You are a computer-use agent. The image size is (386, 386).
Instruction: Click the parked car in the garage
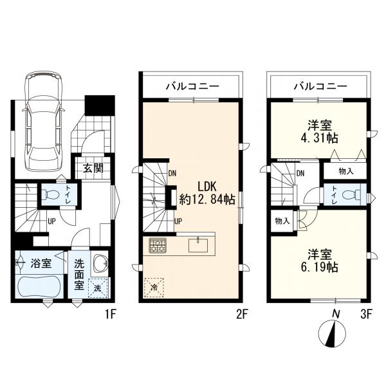[43, 121]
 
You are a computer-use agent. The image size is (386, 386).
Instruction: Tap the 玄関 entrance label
[93, 168]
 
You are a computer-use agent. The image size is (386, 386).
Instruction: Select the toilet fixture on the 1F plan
[50, 195]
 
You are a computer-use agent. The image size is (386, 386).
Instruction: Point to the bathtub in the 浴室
[39, 286]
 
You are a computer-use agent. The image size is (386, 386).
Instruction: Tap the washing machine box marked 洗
[98, 288]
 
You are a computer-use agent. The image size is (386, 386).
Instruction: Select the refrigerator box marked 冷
[154, 288]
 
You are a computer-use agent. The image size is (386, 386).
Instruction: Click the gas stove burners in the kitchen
[158, 246]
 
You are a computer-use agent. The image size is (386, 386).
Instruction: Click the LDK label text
[207, 187]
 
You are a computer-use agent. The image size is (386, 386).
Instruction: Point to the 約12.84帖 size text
[207, 199]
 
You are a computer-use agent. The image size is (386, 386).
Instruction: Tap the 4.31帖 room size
[319, 138]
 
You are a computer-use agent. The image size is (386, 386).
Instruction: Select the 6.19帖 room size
[319, 267]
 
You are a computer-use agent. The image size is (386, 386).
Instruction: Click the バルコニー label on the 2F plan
[192, 86]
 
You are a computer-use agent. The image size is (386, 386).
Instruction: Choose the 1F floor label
[110, 315]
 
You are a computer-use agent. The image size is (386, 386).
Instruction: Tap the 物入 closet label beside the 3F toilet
[346, 171]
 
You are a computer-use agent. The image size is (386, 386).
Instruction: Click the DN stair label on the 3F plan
[300, 174]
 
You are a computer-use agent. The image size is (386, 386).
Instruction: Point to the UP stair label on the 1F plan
[51, 221]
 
